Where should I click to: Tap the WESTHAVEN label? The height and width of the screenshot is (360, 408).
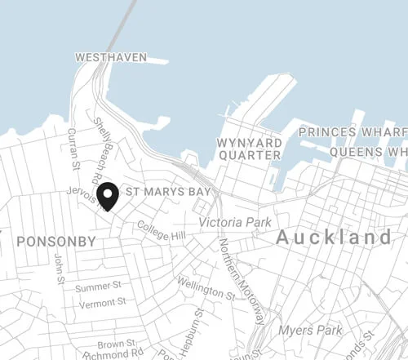coord(110,58)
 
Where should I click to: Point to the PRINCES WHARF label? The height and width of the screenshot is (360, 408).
coord(352,131)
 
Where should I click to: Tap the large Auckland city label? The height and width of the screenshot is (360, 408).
coord(334,238)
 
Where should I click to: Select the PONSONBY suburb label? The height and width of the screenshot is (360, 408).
coord(55,242)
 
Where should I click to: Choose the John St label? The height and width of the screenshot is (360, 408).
coord(59,269)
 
